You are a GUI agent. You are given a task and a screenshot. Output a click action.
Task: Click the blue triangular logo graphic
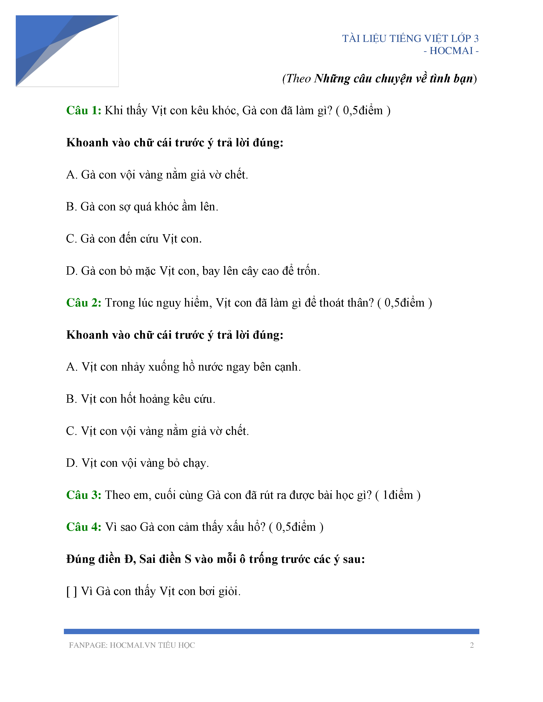[48, 48]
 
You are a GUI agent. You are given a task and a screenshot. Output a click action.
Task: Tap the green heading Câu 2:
[84, 303]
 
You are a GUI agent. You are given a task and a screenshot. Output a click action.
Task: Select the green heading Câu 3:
[84, 495]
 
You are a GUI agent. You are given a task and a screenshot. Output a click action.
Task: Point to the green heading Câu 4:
[84, 527]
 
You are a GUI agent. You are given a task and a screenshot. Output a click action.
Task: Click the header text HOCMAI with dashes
[451, 51]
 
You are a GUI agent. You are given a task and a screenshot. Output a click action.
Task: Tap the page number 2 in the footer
[472, 645]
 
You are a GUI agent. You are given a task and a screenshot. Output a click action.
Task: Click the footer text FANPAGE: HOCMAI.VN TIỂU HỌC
[132, 645]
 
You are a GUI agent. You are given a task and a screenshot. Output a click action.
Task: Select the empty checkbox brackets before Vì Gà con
[71, 591]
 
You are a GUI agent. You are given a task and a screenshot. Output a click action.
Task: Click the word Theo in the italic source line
[299, 78]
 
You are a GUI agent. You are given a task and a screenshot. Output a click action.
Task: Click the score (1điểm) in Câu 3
[398, 495]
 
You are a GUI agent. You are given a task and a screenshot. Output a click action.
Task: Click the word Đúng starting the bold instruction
[81, 559]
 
